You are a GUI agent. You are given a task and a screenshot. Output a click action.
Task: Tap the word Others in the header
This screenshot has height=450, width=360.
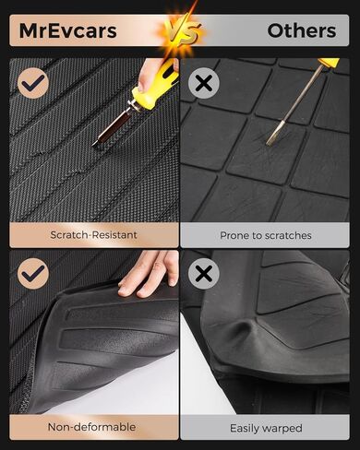click(x=301, y=30)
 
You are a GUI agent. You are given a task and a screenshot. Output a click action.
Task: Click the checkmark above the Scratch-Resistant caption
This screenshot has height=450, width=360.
click(x=34, y=84)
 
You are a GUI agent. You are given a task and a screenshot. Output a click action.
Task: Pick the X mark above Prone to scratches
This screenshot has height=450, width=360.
click(x=203, y=84)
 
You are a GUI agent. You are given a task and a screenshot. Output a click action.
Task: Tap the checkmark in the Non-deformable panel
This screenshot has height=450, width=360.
click(x=34, y=274)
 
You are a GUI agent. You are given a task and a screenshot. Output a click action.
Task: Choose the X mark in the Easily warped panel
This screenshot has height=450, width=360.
click(x=203, y=274)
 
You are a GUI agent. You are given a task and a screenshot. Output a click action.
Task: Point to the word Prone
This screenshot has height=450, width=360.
click(x=235, y=235)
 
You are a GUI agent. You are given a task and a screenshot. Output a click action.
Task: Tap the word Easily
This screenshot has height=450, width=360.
click(x=243, y=427)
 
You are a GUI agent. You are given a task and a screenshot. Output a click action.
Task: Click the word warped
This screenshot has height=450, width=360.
click(x=289, y=427)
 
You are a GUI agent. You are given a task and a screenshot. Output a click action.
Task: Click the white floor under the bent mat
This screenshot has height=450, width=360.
click(x=148, y=387)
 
